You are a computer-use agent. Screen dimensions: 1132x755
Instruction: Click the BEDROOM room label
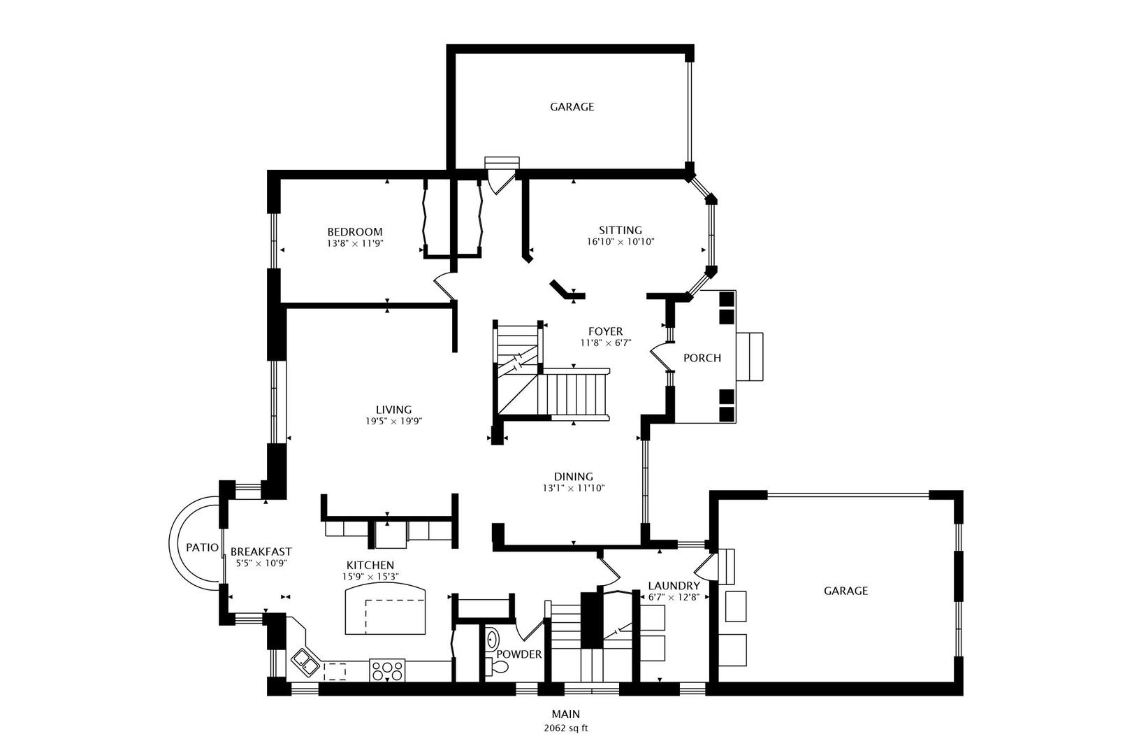coord(355,231)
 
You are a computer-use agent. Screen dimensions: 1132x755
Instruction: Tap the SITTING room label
coord(620,230)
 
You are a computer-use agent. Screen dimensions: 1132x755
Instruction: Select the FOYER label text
coord(605,331)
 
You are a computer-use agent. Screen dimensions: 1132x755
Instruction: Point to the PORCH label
coord(702,358)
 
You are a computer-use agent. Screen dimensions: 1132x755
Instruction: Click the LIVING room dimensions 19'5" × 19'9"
coord(393,421)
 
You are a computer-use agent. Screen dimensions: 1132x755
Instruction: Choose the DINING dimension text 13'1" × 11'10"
coord(574,488)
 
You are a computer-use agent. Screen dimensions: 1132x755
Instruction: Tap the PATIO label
coord(202,547)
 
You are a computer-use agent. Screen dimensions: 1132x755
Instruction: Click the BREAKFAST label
coord(261,551)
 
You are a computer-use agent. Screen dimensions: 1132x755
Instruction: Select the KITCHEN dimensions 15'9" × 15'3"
coord(370,577)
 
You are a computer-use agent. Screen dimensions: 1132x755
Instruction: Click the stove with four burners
coord(387,670)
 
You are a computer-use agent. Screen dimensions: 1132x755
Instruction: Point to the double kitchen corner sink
coord(305,663)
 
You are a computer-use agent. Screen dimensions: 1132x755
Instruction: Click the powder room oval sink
coord(492,640)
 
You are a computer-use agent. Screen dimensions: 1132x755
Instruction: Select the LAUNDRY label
coord(674,586)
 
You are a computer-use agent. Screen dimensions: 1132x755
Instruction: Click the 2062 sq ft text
coord(566,728)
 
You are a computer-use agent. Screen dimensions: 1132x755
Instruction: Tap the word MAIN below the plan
coord(566,714)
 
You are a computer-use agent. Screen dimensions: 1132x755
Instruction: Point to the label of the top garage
coord(572,107)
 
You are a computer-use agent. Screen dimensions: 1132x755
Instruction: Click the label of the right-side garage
coord(846,591)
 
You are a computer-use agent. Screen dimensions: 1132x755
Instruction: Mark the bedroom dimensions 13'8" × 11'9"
coord(355,243)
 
